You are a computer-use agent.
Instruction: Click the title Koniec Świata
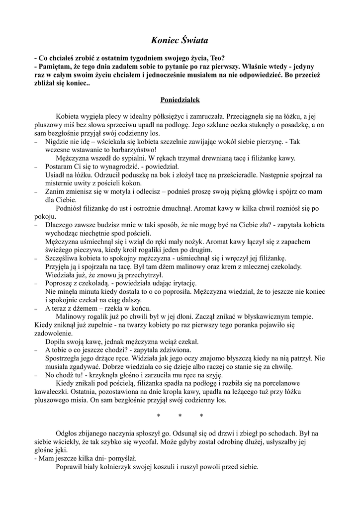pos(180,39)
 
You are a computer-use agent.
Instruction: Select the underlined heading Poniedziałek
pos(180,99)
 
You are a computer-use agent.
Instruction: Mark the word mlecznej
pos(255,267)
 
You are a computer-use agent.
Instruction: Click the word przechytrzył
pos(140,275)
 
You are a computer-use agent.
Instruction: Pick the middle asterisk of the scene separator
pos(180,416)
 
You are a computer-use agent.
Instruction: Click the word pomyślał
pos(119,459)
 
